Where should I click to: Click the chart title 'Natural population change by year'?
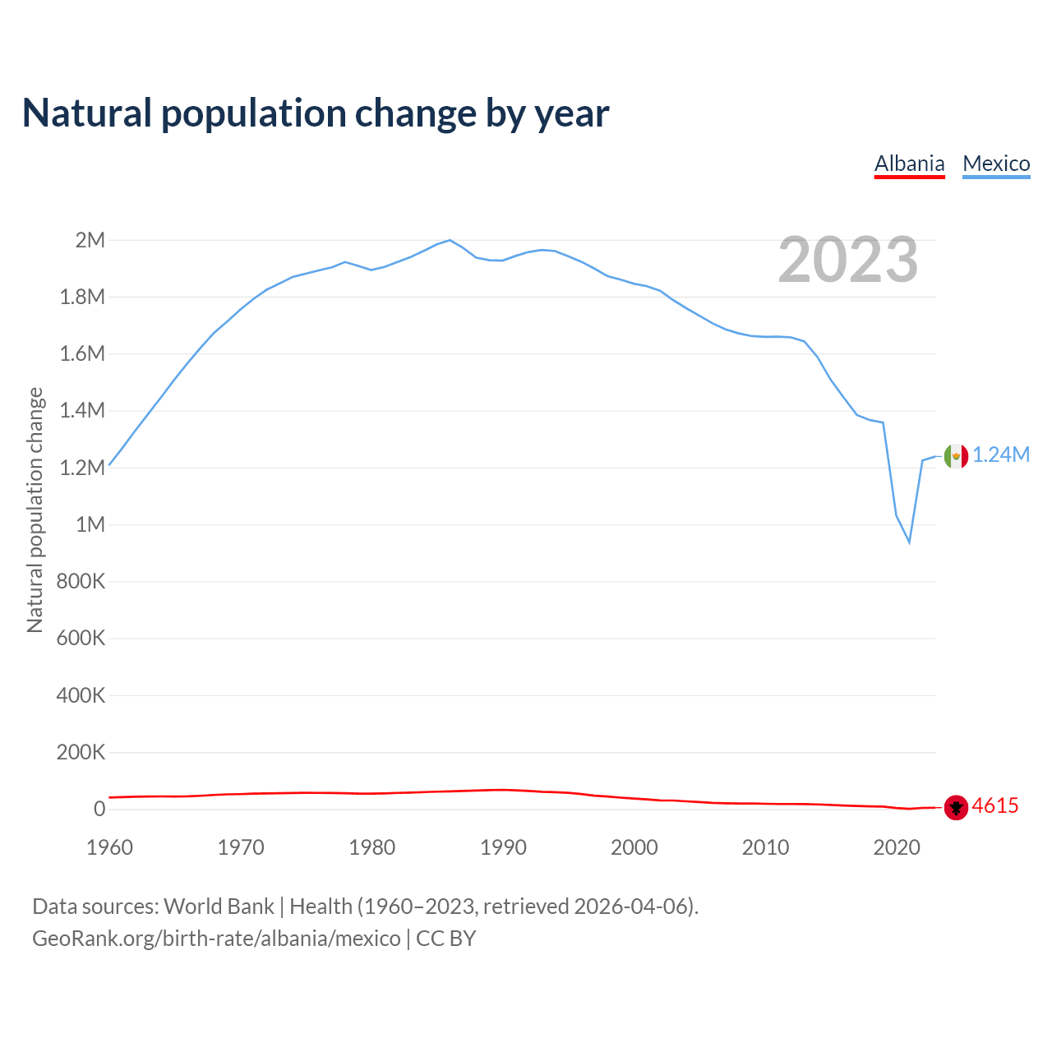316,113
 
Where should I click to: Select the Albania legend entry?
909,164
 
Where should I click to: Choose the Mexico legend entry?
996,164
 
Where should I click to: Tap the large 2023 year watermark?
847,260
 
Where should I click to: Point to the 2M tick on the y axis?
90,240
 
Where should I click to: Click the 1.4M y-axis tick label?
82,411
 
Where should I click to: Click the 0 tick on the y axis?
99,809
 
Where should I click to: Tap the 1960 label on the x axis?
109,847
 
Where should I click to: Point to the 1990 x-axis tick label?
503,847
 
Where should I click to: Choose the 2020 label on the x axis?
897,847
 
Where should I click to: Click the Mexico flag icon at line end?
956,455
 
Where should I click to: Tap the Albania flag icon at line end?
956,807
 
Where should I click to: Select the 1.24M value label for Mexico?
1001,455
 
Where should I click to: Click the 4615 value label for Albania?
995,806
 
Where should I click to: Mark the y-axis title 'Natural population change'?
35,510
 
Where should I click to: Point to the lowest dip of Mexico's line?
909,542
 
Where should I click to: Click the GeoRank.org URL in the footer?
216,939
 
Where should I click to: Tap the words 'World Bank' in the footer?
219,907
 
